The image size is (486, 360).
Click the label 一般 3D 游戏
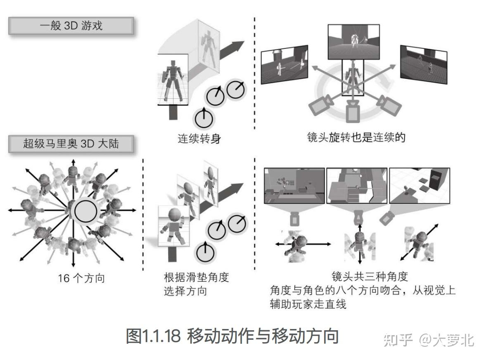click(x=71, y=26)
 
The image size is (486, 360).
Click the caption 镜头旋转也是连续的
click(x=356, y=137)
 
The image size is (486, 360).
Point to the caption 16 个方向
click(x=81, y=278)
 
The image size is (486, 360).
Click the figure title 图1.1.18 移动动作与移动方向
click(x=232, y=336)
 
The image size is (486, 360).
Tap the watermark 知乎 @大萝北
click(x=429, y=340)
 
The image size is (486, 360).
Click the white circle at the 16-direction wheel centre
click(x=85, y=211)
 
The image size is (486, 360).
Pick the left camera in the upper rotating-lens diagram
click(x=320, y=106)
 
